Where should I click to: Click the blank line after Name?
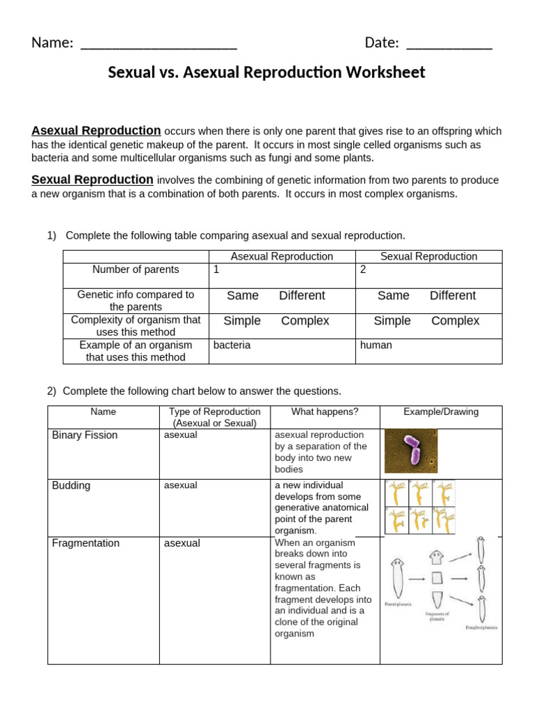coord(159,45)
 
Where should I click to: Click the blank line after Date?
coord(448,45)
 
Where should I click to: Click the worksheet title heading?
coord(266,72)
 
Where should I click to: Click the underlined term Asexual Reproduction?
coord(96,131)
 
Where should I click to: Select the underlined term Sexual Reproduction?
coord(92,180)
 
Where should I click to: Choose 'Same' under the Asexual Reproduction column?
coord(243,295)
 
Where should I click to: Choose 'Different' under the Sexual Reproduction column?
coord(453,295)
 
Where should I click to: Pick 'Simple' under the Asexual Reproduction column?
coord(242,321)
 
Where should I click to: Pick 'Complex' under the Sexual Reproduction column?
coord(455,321)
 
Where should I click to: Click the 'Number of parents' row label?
coord(136,269)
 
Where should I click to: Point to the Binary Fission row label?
coord(85,435)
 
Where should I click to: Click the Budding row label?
coord(71,485)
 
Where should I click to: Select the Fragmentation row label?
coord(86,543)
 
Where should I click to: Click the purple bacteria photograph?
coord(411,451)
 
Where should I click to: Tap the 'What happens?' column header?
coord(325,412)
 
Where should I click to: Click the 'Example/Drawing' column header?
coord(441,412)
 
